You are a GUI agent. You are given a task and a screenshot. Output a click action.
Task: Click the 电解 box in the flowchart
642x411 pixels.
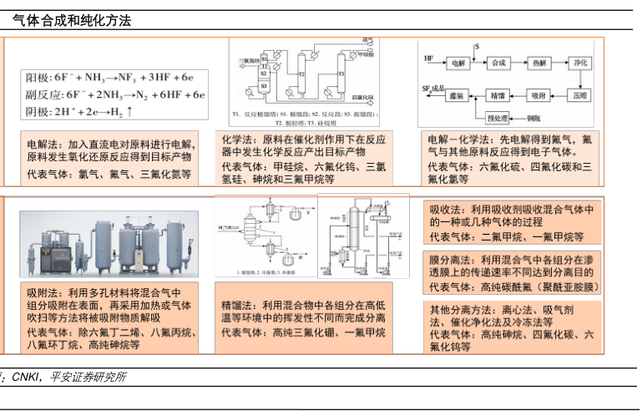[x=457, y=63]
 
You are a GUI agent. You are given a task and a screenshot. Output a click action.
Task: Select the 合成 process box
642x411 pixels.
[x=499, y=63]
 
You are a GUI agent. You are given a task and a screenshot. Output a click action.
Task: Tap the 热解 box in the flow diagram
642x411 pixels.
[x=538, y=63]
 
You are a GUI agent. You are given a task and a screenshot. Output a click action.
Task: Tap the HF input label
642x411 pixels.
[x=428, y=59]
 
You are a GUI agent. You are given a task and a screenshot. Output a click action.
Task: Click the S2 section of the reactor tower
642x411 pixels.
[x=264, y=73]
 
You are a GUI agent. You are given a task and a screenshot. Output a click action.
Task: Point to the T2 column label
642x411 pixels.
[x=303, y=74]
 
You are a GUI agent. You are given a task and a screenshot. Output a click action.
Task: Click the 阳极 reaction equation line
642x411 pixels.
[x=109, y=78]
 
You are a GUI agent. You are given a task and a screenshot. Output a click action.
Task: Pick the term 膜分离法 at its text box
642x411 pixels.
[x=452, y=260]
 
